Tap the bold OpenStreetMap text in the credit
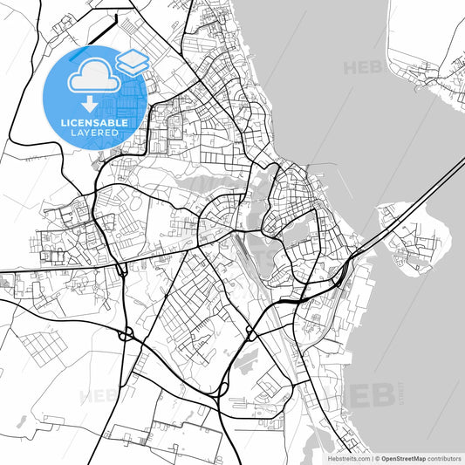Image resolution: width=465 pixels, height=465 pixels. (x=403, y=458)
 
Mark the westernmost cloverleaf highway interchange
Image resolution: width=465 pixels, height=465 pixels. (x=126, y=332)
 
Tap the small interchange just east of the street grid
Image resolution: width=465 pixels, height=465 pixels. (x=250, y=332)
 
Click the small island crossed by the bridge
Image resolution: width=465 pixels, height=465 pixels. (x=410, y=236)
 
